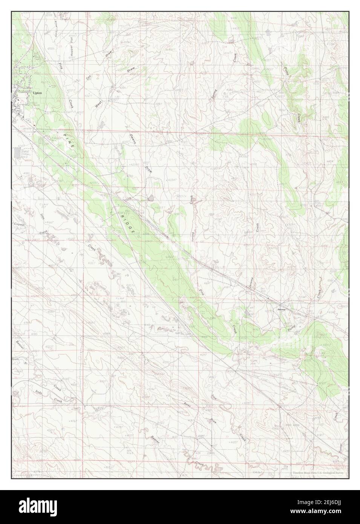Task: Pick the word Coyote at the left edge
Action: pos(19,225)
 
